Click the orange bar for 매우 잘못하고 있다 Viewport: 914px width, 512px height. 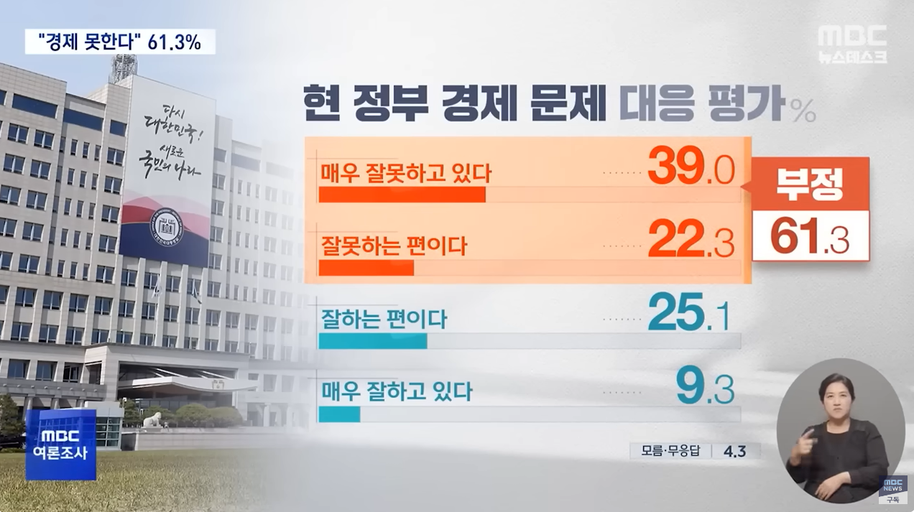coord(402,195)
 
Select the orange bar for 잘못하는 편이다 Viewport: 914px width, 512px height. coord(366,268)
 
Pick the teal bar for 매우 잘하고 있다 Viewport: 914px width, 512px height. coord(338,414)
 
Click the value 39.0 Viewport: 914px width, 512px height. coord(691,168)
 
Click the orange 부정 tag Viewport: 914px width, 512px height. coord(810,184)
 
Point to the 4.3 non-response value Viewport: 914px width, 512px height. coord(735,451)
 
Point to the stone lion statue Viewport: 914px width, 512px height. coord(152,419)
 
